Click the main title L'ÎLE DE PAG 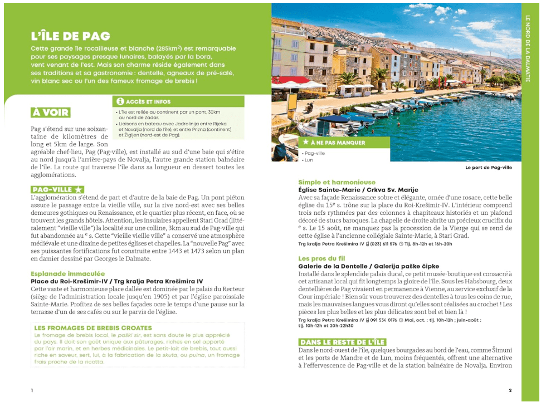click(70, 36)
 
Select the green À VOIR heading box click(50, 112)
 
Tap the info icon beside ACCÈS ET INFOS click(119, 102)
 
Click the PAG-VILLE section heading click(53, 190)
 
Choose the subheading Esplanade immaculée click(67, 274)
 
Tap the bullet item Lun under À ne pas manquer click(309, 160)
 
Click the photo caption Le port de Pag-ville click(488, 167)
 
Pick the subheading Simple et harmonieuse click(337, 182)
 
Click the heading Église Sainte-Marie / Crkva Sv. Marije click(358, 190)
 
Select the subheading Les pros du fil click(322, 258)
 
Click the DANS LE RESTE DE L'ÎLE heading click(342, 342)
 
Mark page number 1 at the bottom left click(32, 390)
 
